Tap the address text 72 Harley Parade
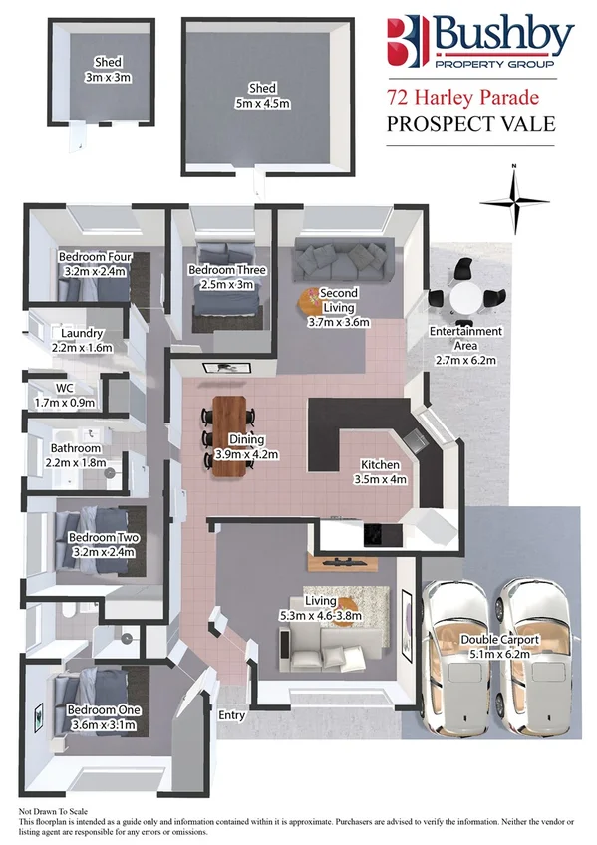point(462,99)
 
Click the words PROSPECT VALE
point(461,124)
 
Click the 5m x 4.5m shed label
point(263,94)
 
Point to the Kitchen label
point(380,471)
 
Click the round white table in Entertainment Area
point(465,296)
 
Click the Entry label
point(230,714)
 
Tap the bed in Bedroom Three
point(225,284)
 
